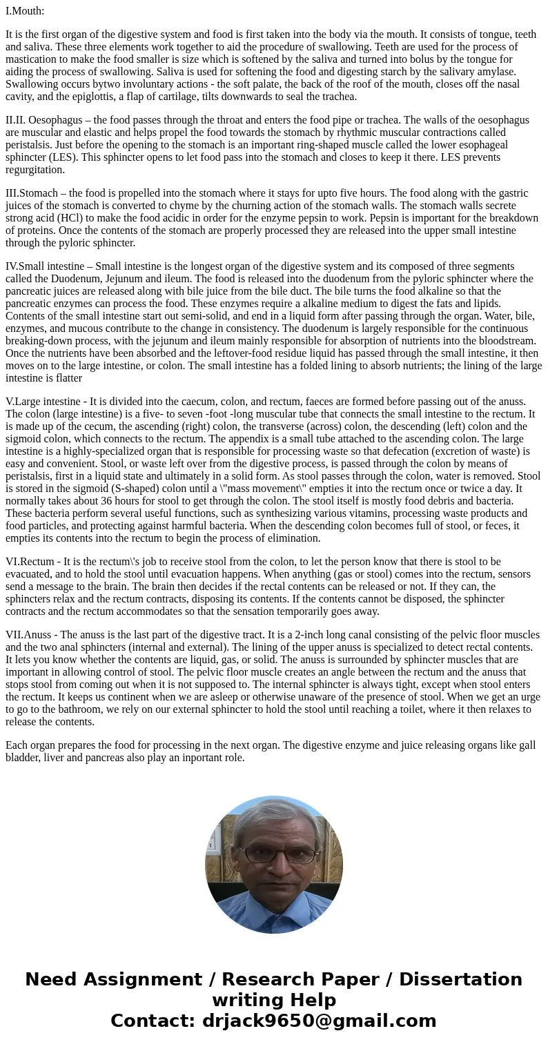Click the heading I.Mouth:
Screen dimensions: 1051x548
[25, 11]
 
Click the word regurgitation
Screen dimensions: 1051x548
[35, 170]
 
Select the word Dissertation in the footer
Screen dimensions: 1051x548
[460, 980]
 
